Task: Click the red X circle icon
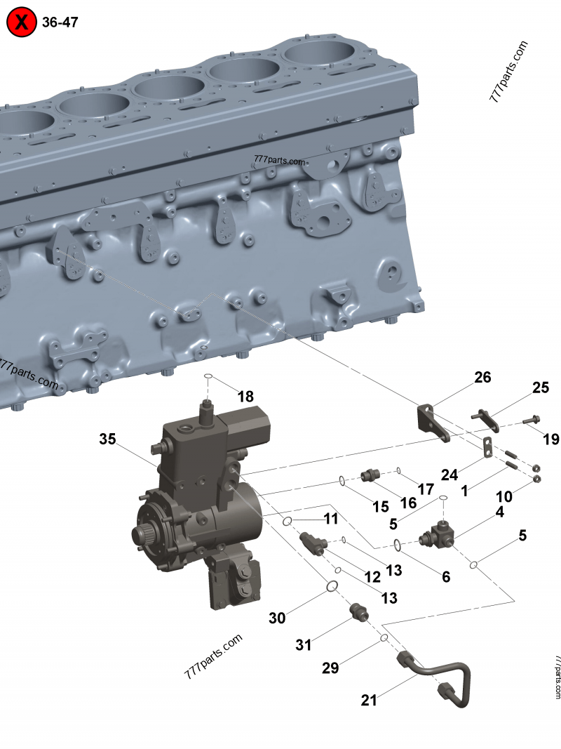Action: pos(22,22)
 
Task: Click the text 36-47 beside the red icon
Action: pos(60,22)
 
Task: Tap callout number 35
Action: pos(107,439)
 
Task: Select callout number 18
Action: pos(245,397)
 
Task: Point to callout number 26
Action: pos(482,378)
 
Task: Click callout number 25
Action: pos(541,387)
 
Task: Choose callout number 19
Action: pos(551,439)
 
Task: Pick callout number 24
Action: pos(450,475)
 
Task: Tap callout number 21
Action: pos(369,701)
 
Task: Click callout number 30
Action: pos(277,618)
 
